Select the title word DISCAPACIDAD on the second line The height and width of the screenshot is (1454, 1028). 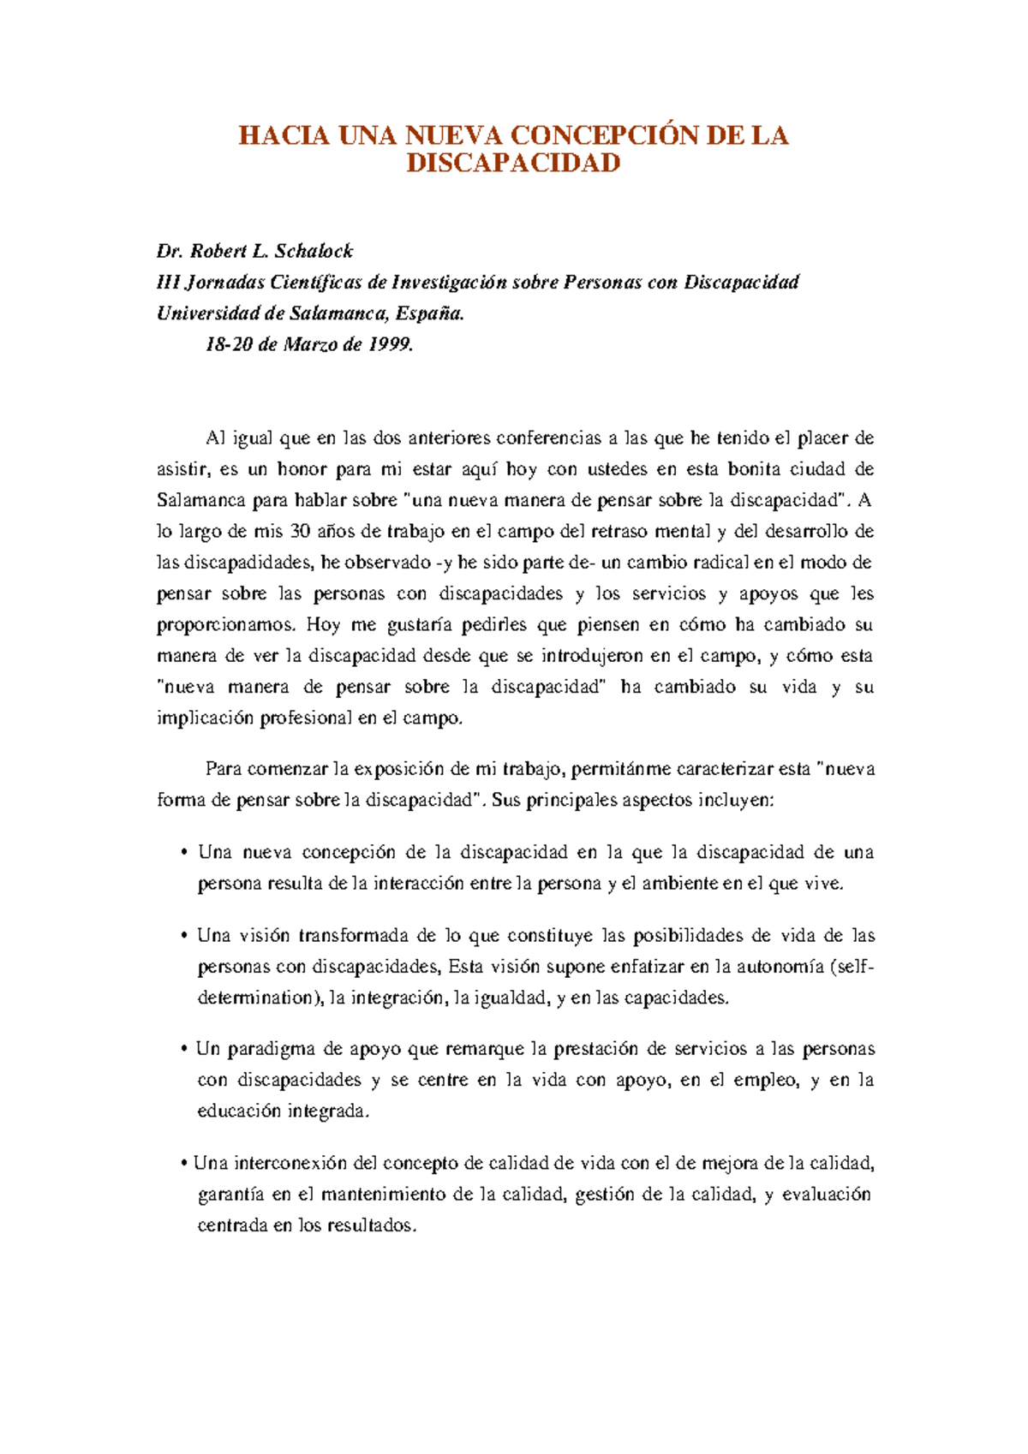(x=513, y=163)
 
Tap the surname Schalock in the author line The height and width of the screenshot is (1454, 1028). (x=314, y=251)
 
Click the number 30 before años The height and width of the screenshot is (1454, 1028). (x=301, y=532)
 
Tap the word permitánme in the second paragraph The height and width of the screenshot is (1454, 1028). (x=613, y=769)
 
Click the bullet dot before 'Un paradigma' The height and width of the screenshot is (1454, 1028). (x=184, y=1050)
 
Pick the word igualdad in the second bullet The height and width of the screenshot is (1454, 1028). (x=507, y=998)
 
